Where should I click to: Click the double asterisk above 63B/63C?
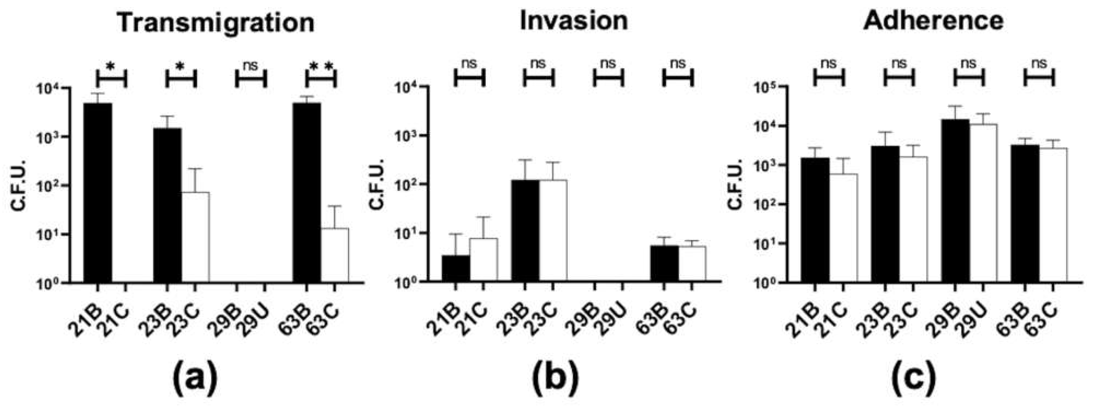(x=321, y=66)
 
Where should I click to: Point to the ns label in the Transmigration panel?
(x=250, y=65)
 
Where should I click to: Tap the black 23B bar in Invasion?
(x=525, y=230)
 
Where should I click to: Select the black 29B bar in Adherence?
(x=955, y=200)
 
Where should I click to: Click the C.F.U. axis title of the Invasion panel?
(x=377, y=184)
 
